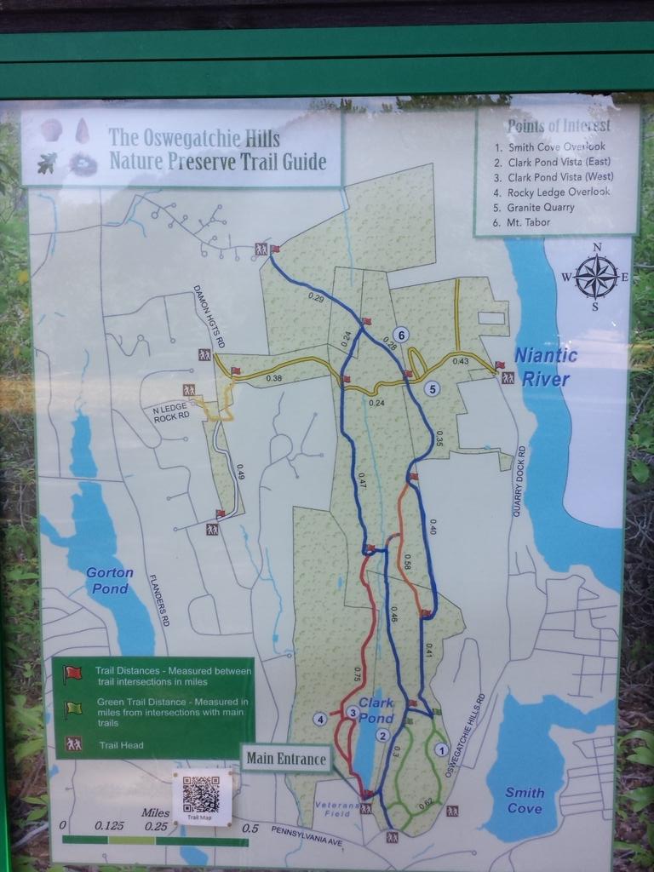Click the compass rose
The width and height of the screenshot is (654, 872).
[596, 276]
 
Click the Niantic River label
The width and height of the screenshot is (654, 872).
[546, 366]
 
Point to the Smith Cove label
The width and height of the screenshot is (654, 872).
[525, 800]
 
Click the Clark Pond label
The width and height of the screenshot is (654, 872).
[376, 710]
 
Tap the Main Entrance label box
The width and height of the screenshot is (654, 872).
[286, 758]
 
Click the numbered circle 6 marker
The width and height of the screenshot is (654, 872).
[400, 334]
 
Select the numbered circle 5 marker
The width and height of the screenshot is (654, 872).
[433, 389]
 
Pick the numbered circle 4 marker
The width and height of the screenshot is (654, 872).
[320, 719]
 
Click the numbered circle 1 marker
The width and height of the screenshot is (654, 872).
[440, 749]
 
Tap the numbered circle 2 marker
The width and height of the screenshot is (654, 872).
[383, 735]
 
